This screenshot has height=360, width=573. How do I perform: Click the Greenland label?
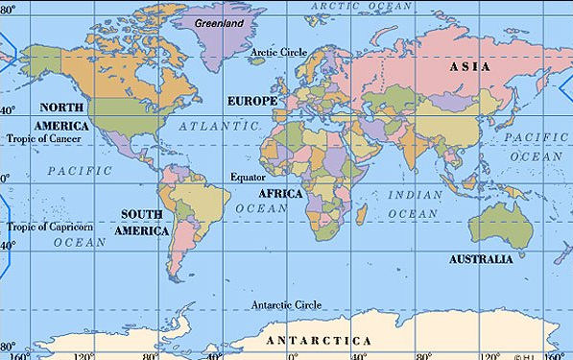[217, 21]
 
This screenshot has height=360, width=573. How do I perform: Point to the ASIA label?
[470, 67]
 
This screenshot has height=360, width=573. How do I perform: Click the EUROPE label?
[251, 101]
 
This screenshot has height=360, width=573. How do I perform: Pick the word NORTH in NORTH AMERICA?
[60, 108]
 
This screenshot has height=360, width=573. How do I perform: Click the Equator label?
[248, 178]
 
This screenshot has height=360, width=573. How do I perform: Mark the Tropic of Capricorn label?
[51, 227]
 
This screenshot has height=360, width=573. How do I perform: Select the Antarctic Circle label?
[287, 305]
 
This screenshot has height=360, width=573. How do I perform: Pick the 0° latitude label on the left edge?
[5, 179]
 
